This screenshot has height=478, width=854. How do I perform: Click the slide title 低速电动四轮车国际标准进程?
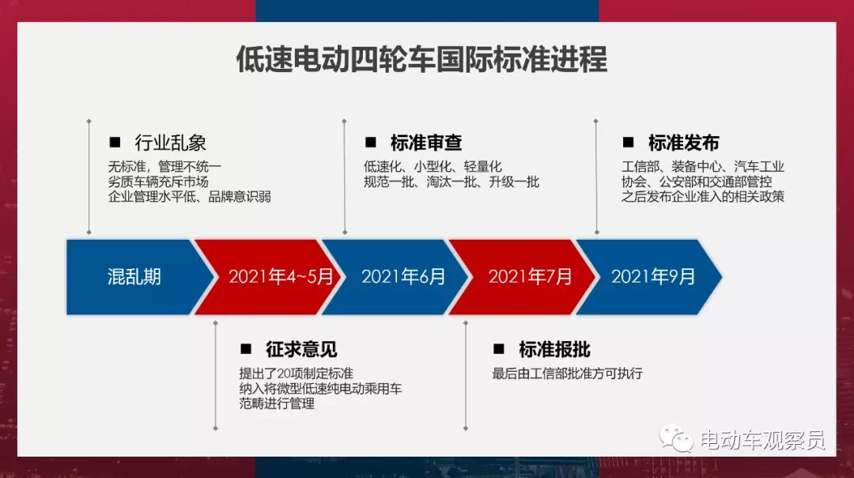point(421,59)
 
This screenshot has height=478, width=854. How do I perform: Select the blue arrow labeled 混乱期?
point(136,277)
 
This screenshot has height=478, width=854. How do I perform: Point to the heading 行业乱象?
point(171,142)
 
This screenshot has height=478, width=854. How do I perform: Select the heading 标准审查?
point(426,142)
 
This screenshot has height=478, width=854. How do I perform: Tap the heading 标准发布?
point(683,142)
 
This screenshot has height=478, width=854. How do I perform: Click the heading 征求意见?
point(301,349)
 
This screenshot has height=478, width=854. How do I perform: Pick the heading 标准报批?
point(554,349)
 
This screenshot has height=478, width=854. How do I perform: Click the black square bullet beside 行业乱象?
point(115,142)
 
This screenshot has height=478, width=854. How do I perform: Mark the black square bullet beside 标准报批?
point(498,349)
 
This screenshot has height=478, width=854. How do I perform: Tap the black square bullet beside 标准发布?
point(628,142)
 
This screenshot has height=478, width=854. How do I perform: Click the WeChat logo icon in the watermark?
point(676,438)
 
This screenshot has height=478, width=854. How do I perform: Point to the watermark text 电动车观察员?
point(762,440)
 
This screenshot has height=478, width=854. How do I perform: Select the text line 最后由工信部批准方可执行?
point(567,374)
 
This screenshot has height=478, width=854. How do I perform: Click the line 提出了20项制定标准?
point(296,374)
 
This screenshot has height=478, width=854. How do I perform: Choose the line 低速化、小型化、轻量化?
point(433,167)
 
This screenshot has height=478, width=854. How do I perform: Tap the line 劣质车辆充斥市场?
point(158,181)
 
